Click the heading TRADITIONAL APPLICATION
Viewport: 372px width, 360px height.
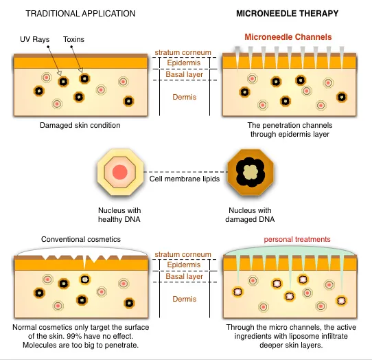pos(80,14)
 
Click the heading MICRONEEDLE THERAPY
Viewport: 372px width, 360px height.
pos(288,13)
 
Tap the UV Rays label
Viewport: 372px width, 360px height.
pos(34,39)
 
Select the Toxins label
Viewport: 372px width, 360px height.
pos(73,39)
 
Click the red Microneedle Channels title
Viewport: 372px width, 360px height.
pos(288,37)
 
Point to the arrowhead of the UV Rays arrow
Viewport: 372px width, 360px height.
pos(59,74)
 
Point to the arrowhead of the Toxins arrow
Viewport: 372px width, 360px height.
pos(81,70)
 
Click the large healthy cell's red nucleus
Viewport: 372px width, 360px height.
pos(120,172)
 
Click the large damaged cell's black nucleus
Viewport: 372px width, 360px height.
pos(250,172)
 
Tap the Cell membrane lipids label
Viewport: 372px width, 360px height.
pos(185,179)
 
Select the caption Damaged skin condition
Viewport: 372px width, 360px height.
pos(80,125)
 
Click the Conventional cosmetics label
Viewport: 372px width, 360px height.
pos(81,239)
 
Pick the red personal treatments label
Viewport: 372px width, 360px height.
pos(297,239)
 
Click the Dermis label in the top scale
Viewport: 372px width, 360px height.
pos(185,97)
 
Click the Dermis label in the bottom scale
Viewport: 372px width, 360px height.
pos(185,299)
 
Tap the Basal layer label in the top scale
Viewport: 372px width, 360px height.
pos(185,74)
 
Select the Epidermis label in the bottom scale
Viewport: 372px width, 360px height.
pos(184,265)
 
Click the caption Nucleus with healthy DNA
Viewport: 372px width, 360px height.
pos(119,214)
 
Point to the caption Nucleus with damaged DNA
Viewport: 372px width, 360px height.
pos(250,214)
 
